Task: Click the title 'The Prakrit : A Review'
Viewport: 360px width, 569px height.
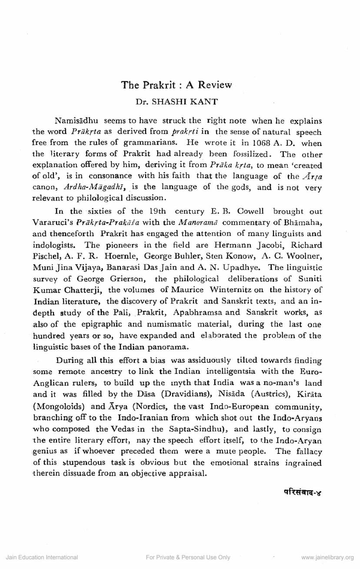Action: pos(177,85)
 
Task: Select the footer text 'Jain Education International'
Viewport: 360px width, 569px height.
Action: pos(42,557)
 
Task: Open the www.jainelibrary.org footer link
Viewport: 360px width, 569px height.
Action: pos(327,557)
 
